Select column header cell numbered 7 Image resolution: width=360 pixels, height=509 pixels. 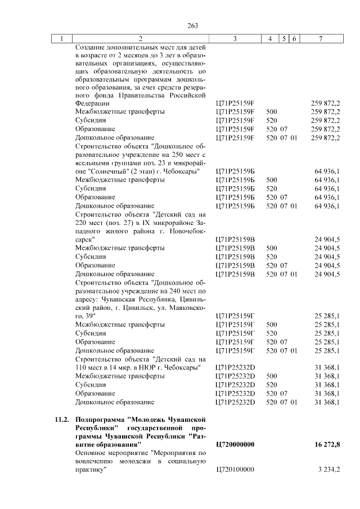pyautogui.click(x=320, y=38)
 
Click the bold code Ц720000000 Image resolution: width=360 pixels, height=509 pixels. pyautogui.click(x=235, y=445)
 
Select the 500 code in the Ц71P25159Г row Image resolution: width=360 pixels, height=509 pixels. pyautogui.click(x=272, y=325)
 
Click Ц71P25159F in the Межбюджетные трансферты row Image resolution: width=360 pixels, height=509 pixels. pyautogui.click(x=235, y=111)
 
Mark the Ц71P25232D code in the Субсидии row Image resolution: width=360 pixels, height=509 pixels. pyautogui.click(x=235, y=385)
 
